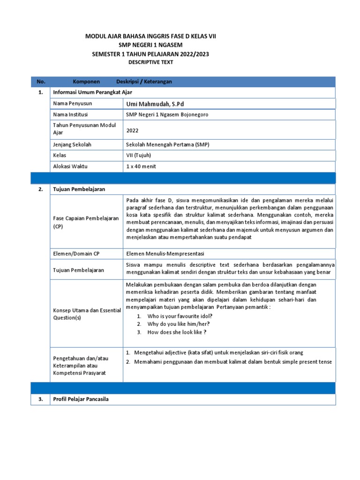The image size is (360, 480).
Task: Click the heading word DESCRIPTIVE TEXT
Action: tap(150, 62)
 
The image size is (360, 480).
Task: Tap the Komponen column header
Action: tap(86, 82)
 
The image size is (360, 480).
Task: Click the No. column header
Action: tap(41, 82)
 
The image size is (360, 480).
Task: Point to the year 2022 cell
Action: tap(133, 131)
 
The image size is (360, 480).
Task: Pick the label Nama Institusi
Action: tap(70, 114)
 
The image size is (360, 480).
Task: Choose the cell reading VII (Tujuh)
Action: tap(139, 155)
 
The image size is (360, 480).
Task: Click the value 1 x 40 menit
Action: tap(141, 166)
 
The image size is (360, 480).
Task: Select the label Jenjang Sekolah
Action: tap(73, 144)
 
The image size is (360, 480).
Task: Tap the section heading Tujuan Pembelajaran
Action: tap(79, 189)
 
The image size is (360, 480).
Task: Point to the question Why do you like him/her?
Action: tap(179, 324)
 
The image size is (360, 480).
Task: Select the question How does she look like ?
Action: tap(177, 332)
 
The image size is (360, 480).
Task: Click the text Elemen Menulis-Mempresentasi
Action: tap(165, 254)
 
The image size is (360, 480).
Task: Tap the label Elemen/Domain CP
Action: tap(76, 254)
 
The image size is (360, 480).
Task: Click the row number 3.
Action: tap(41, 399)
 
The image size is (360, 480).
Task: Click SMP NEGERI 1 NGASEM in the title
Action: tap(150, 45)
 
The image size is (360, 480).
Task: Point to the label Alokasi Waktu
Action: tap(70, 166)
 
